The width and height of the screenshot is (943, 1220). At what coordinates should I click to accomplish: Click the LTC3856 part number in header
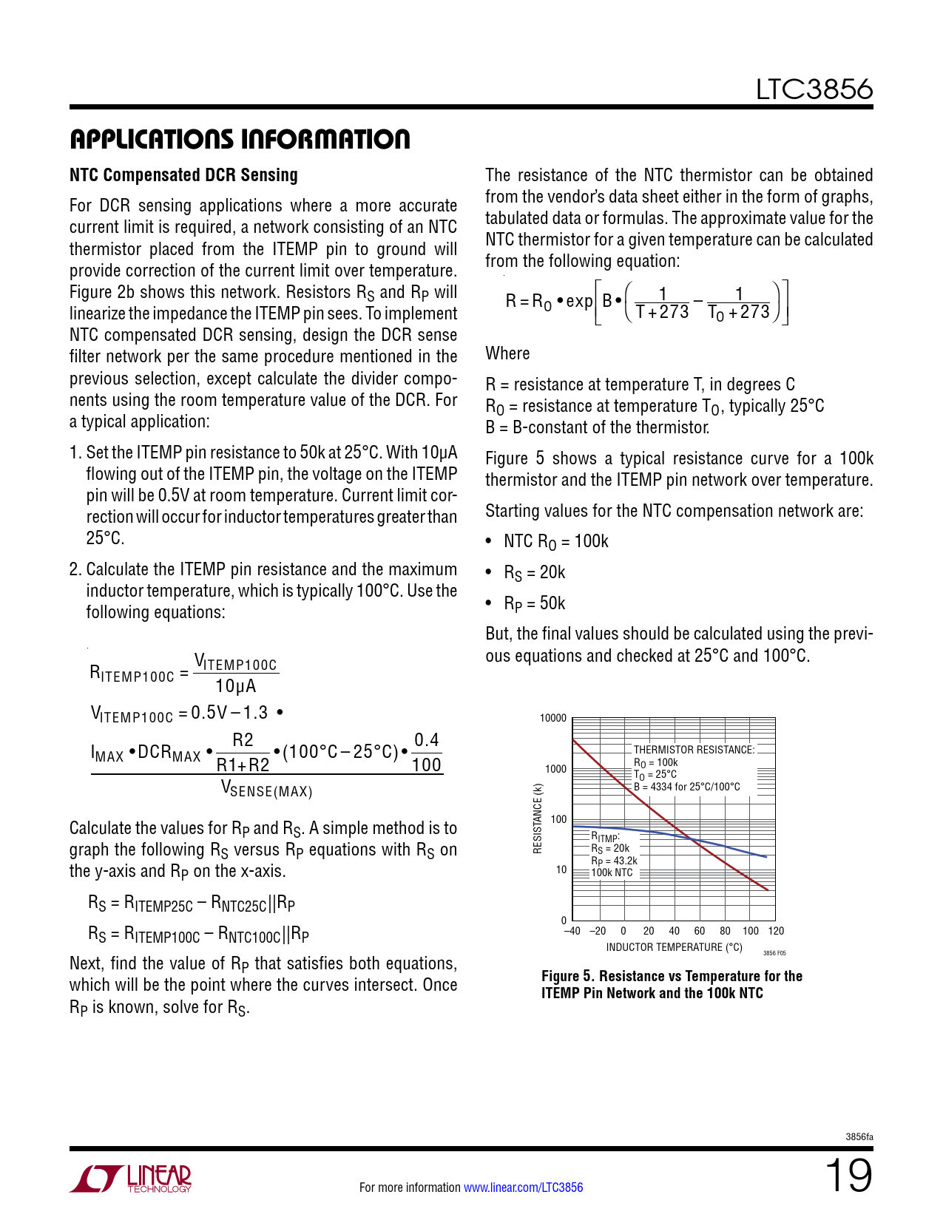coord(814,89)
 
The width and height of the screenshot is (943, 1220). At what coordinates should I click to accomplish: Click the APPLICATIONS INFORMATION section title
coord(240,139)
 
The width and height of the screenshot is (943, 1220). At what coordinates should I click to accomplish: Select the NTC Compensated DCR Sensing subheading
coord(183,175)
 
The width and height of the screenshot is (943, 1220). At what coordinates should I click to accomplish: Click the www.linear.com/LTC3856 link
coord(523,1187)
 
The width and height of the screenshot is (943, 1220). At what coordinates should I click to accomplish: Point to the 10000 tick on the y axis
coord(552,718)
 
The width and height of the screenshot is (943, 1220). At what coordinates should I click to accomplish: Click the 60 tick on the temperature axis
coord(700,931)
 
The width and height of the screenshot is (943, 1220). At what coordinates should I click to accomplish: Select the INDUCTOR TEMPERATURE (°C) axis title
coord(674,947)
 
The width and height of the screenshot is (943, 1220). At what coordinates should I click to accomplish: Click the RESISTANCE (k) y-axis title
coord(538,819)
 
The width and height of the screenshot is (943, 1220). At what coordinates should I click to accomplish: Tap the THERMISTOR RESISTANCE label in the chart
coord(693,750)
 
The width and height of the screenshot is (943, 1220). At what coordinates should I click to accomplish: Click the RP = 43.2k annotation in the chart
coord(614,861)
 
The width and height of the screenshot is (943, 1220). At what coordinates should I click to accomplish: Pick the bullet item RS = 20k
coord(534,573)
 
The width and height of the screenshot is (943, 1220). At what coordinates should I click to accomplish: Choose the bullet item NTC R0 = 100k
coord(555,542)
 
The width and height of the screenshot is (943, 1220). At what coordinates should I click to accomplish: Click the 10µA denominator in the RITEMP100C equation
coord(235,686)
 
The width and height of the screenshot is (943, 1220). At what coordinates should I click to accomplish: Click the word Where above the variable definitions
coord(507,353)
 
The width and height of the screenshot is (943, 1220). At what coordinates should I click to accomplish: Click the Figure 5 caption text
coord(671,984)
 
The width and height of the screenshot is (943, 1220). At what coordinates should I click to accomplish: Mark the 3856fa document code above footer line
coord(859,1137)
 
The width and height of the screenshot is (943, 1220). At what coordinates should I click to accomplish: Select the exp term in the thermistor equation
coord(579,301)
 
